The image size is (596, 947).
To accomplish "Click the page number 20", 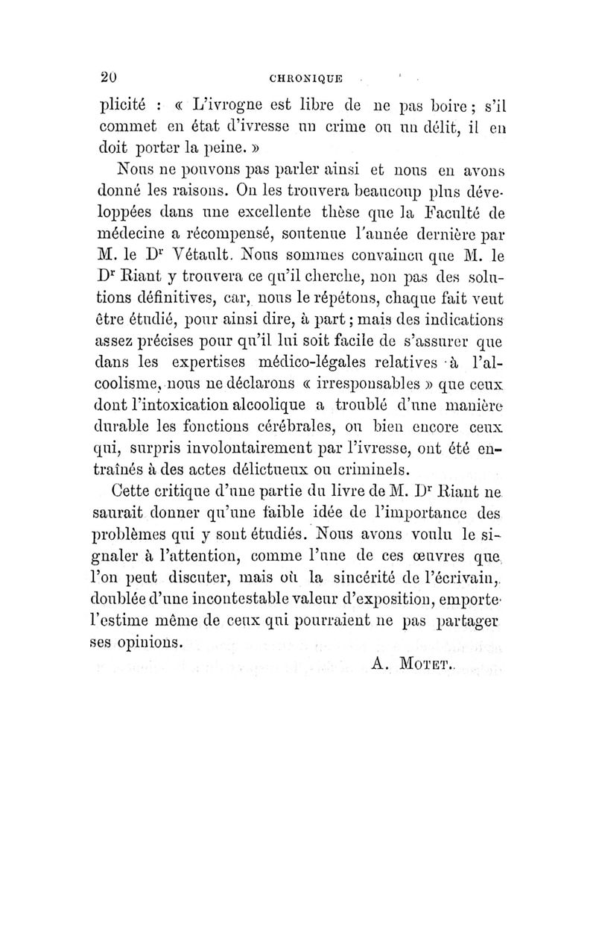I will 110,78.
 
